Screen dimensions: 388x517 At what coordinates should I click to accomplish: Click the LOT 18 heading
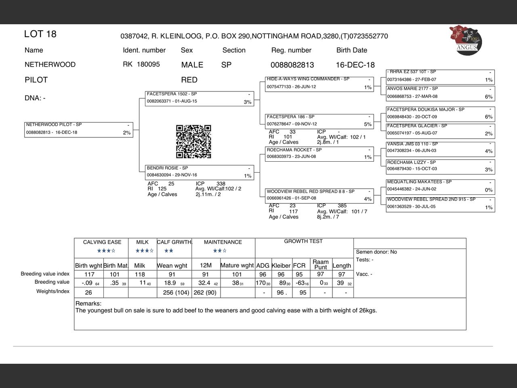point(40,34)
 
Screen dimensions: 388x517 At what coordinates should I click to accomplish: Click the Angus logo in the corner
point(465,40)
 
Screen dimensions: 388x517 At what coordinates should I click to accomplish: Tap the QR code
point(193,141)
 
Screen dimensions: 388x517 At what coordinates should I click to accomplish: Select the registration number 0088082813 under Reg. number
point(292,65)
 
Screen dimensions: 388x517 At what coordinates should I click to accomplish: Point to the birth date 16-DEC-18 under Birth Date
point(355,65)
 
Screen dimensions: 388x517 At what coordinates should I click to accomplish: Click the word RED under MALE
point(189,80)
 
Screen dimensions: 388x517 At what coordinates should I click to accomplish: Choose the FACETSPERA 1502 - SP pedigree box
point(200,98)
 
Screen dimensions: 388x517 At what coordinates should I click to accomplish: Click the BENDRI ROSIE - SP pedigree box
point(200,172)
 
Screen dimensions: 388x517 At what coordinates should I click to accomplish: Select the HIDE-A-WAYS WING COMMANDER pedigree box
point(319,83)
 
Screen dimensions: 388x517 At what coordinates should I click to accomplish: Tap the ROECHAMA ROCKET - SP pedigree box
point(319,154)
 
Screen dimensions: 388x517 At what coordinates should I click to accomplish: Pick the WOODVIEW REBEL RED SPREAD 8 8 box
point(319,195)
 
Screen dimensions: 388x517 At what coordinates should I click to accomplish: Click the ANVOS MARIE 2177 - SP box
point(440,93)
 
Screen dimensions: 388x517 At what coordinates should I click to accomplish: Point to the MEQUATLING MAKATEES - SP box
point(440,186)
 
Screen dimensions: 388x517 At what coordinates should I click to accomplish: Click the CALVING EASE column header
point(102,242)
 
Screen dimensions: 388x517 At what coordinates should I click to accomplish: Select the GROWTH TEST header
point(303,241)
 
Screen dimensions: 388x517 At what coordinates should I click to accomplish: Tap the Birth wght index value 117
point(89,274)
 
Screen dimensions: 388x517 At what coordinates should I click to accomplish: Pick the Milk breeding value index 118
point(140,274)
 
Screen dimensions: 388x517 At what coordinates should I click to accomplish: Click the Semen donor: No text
point(376,252)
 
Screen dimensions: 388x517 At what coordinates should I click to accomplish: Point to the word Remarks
point(88,304)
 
